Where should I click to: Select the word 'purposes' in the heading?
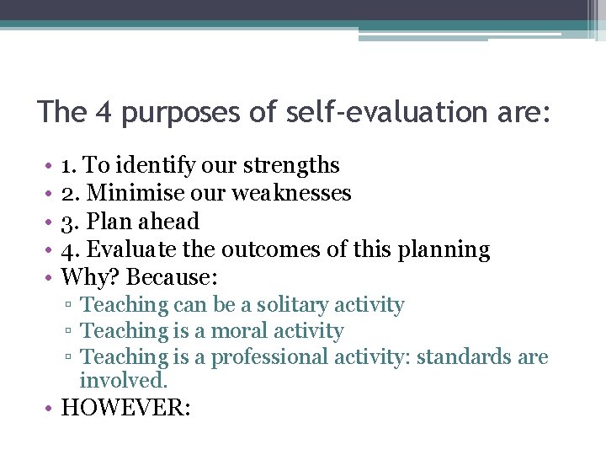click(x=173, y=113)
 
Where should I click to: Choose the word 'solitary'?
click(x=295, y=305)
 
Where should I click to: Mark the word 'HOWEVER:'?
click(x=126, y=409)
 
